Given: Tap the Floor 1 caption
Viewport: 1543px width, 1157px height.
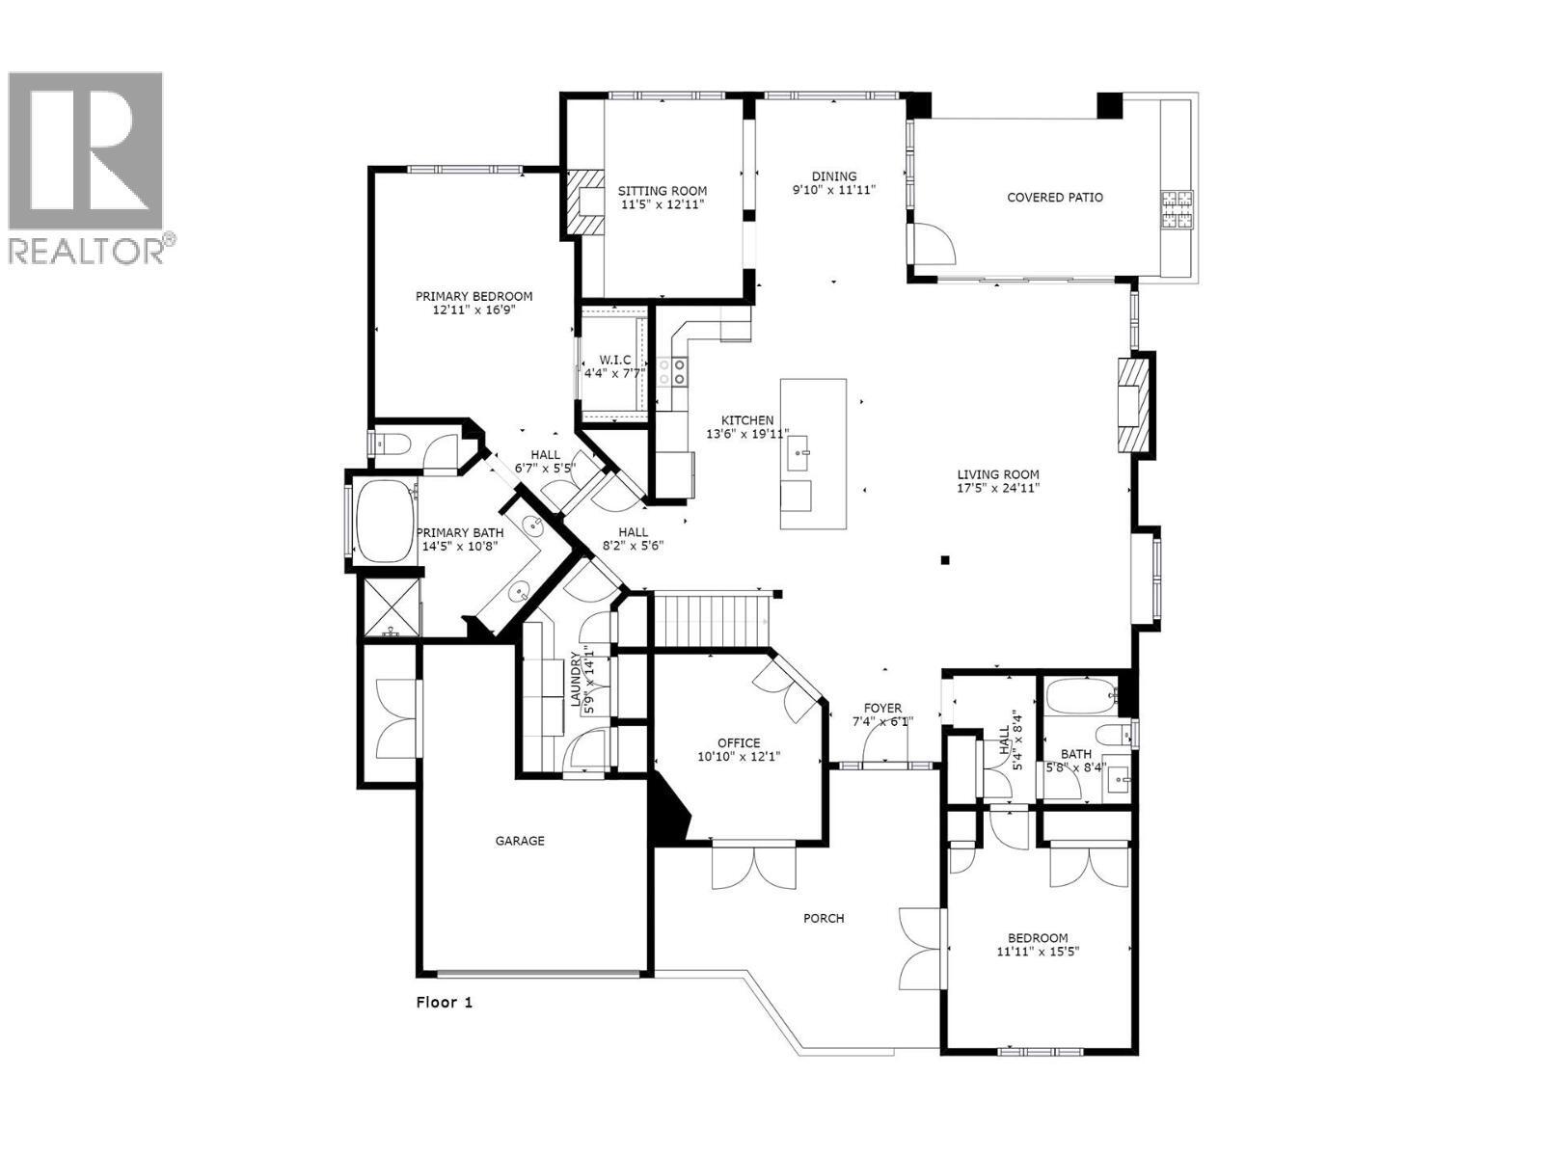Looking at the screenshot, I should click(445, 1002).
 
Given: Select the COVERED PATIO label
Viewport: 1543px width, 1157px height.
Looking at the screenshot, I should click(1055, 198).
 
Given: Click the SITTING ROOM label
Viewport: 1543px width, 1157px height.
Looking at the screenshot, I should click(663, 191).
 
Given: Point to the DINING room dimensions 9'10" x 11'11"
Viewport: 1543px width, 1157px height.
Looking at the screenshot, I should click(834, 190).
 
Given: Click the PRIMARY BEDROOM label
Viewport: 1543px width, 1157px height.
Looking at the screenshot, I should click(474, 296).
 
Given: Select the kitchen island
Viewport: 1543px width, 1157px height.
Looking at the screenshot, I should click(813, 453).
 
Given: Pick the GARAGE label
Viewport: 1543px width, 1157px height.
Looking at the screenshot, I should click(520, 841).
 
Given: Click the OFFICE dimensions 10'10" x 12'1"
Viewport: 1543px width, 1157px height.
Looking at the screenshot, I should click(739, 757).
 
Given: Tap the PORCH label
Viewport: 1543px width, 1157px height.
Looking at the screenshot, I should click(824, 918).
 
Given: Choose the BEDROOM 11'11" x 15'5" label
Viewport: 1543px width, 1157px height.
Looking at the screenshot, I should click(1038, 938).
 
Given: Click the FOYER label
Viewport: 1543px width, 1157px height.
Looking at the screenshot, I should click(882, 708).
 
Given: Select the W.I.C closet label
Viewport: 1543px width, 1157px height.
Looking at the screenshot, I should click(614, 360).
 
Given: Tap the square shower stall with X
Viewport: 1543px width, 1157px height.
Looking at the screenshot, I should click(390, 606).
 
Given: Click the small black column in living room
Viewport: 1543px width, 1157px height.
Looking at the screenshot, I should click(946, 559).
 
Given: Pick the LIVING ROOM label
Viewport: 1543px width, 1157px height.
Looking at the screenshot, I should click(998, 474).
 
